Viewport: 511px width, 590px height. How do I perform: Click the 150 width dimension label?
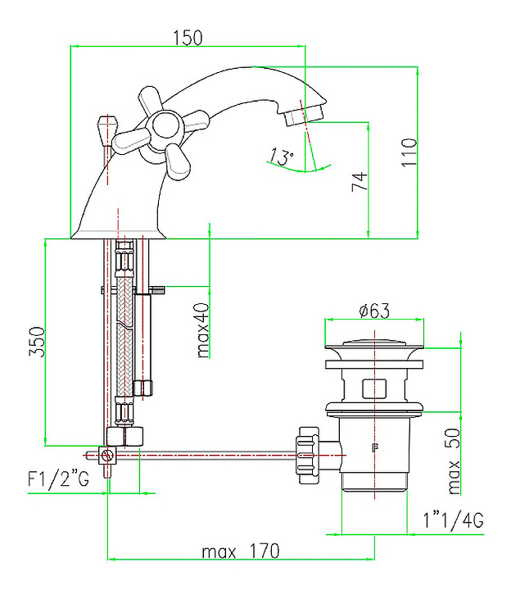pos(188,38)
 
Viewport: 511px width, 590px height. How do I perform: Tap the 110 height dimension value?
pos(409,152)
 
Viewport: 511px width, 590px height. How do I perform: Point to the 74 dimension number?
pos(359,182)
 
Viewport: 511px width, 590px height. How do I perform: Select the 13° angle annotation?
pos(282,157)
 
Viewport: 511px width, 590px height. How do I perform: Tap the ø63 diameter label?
pos(373,311)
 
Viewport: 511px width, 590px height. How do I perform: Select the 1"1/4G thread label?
pos(453,520)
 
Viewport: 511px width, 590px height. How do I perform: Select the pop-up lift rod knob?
pos(104,128)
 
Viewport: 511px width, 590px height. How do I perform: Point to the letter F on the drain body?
pos(375,447)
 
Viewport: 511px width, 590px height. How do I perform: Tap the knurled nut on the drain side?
pos(309,452)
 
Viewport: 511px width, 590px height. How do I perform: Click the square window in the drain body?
pos(375,387)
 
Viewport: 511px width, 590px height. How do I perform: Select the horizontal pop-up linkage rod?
pos(213,452)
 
